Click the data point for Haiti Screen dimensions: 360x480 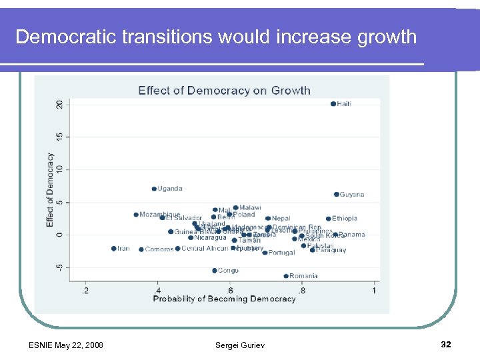333,104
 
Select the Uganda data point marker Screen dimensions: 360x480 154,189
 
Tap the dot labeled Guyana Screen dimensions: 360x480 337,195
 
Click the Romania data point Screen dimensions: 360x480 286,276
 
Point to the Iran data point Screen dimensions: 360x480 114,249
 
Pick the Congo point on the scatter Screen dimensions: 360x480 215,271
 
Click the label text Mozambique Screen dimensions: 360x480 160,215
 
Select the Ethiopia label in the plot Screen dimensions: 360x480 345,219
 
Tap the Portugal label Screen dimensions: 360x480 281,253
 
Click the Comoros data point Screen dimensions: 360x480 141,249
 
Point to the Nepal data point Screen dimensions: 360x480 268,218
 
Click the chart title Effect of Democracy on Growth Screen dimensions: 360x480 224,91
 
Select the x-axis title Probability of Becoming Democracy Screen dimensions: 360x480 224,299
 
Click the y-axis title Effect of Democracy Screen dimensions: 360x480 50,190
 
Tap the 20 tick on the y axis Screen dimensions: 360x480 59,104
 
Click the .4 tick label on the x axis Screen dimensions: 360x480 157,290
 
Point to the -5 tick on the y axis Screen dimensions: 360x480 59,267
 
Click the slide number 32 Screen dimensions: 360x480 446,345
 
